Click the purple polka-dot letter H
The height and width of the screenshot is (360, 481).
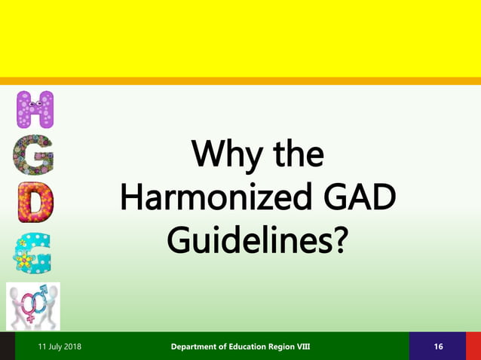tap(35, 109)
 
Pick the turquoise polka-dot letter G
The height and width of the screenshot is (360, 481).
tap(35, 252)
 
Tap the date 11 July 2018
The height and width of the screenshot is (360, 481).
tap(60, 346)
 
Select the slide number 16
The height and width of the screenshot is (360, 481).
tap(438, 346)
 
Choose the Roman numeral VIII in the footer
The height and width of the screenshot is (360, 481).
tap(322, 346)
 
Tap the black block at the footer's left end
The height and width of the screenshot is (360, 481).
tap(8, 346)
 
